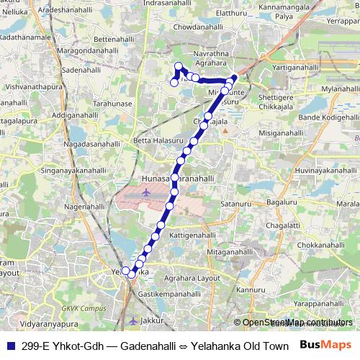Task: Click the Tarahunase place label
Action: [x=114, y=104]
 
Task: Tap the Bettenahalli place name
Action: [x=115, y=39]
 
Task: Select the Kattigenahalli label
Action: [x=192, y=235]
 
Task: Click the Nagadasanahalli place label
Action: [x=94, y=145]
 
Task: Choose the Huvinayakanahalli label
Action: [x=325, y=170]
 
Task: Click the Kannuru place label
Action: [x=251, y=290]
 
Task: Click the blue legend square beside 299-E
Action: [x=10, y=345]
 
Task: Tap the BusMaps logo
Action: [x=325, y=345]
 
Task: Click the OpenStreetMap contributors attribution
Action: [x=297, y=323]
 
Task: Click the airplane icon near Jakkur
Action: [x=132, y=319]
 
